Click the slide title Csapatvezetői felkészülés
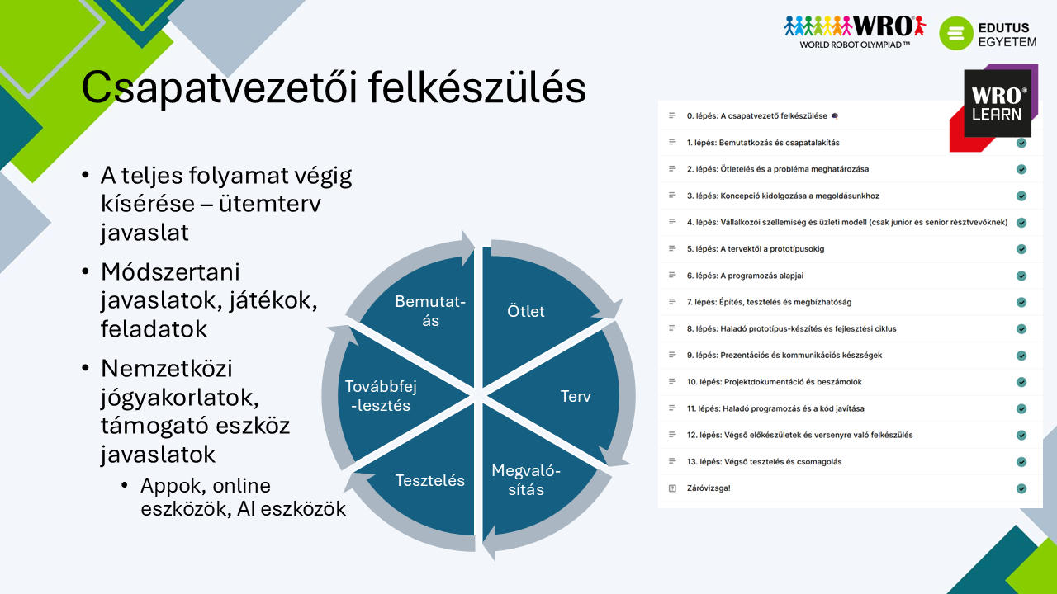point(334,87)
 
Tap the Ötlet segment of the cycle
point(533,311)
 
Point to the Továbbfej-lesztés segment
point(387,395)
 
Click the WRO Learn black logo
point(997,103)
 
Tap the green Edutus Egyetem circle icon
point(956,33)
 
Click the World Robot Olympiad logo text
point(855,45)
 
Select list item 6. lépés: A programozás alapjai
point(745,276)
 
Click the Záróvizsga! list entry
point(709,488)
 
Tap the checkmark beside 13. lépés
point(1021,461)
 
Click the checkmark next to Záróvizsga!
point(1021,488)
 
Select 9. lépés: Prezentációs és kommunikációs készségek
point(784,356)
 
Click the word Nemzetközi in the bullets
point(167,369)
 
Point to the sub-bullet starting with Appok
point(243,497)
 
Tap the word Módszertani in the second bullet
point(170,272)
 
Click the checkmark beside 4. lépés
point(1021,223)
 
